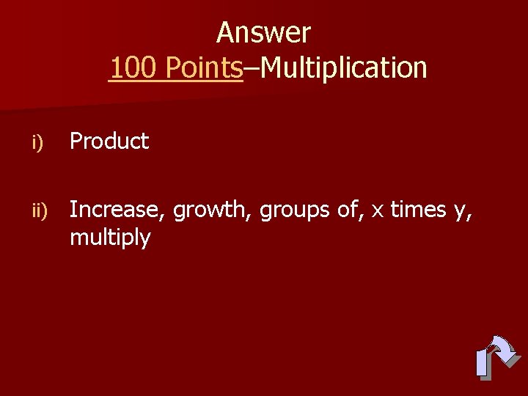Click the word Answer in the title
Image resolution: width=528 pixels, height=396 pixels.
(263, 33)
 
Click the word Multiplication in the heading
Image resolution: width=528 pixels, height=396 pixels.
(344, 68)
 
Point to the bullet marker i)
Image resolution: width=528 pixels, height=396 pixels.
(37, 142)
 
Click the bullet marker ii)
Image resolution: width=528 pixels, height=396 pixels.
(38, 211)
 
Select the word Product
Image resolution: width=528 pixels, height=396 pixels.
(109, 141)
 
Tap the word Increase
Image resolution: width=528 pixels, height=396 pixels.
(118, 210)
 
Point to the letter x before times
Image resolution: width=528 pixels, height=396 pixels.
(378, 211)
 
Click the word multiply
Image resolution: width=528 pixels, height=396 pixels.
(110, 238)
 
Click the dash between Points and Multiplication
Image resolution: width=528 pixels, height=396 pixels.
(252, 69)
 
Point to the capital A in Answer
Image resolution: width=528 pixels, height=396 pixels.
(224, 33)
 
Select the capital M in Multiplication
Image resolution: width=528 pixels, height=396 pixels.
(271, 68)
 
